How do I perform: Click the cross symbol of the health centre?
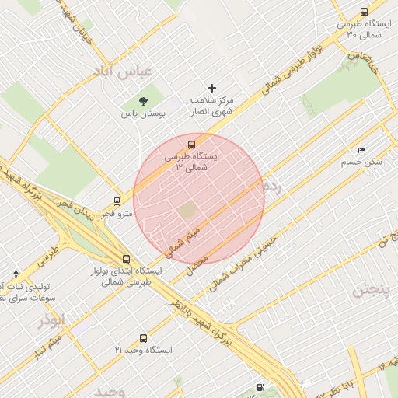[211, 88]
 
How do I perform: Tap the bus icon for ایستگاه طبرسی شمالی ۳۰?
[365, 12]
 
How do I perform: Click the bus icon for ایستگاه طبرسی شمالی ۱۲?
[191, 144]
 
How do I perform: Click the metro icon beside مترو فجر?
[117, 201]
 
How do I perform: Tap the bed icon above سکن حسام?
[361, 150]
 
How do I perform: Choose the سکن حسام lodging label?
[361, 162]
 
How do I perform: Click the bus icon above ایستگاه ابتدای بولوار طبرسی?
[126, 259]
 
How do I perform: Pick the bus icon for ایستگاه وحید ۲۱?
[143, 338]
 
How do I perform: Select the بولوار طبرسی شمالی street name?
[284, 75]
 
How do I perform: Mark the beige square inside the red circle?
[187, 211]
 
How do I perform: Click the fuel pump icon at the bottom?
[260, 387]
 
